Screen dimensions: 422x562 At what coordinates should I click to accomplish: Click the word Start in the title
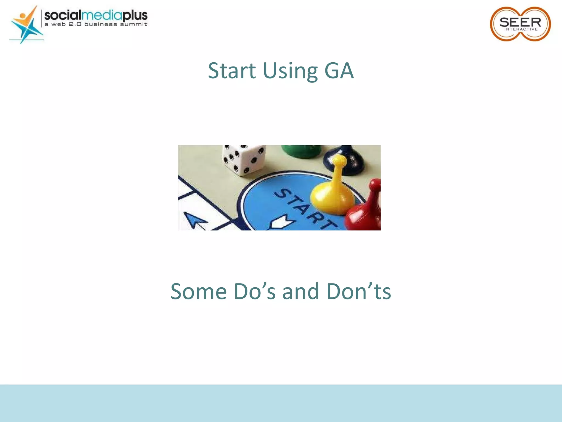coord(232,71)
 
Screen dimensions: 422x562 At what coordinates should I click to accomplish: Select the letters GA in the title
coord(339,71)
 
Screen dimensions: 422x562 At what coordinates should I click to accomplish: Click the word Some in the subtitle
coord(198,291)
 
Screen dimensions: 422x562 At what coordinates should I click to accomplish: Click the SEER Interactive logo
coord(520,24)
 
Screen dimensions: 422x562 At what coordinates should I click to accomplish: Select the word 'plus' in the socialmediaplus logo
coord(135,15)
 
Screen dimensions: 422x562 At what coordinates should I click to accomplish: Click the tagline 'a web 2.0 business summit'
coord(96,24)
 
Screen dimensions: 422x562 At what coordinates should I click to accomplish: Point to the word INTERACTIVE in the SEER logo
coord(521,29)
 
